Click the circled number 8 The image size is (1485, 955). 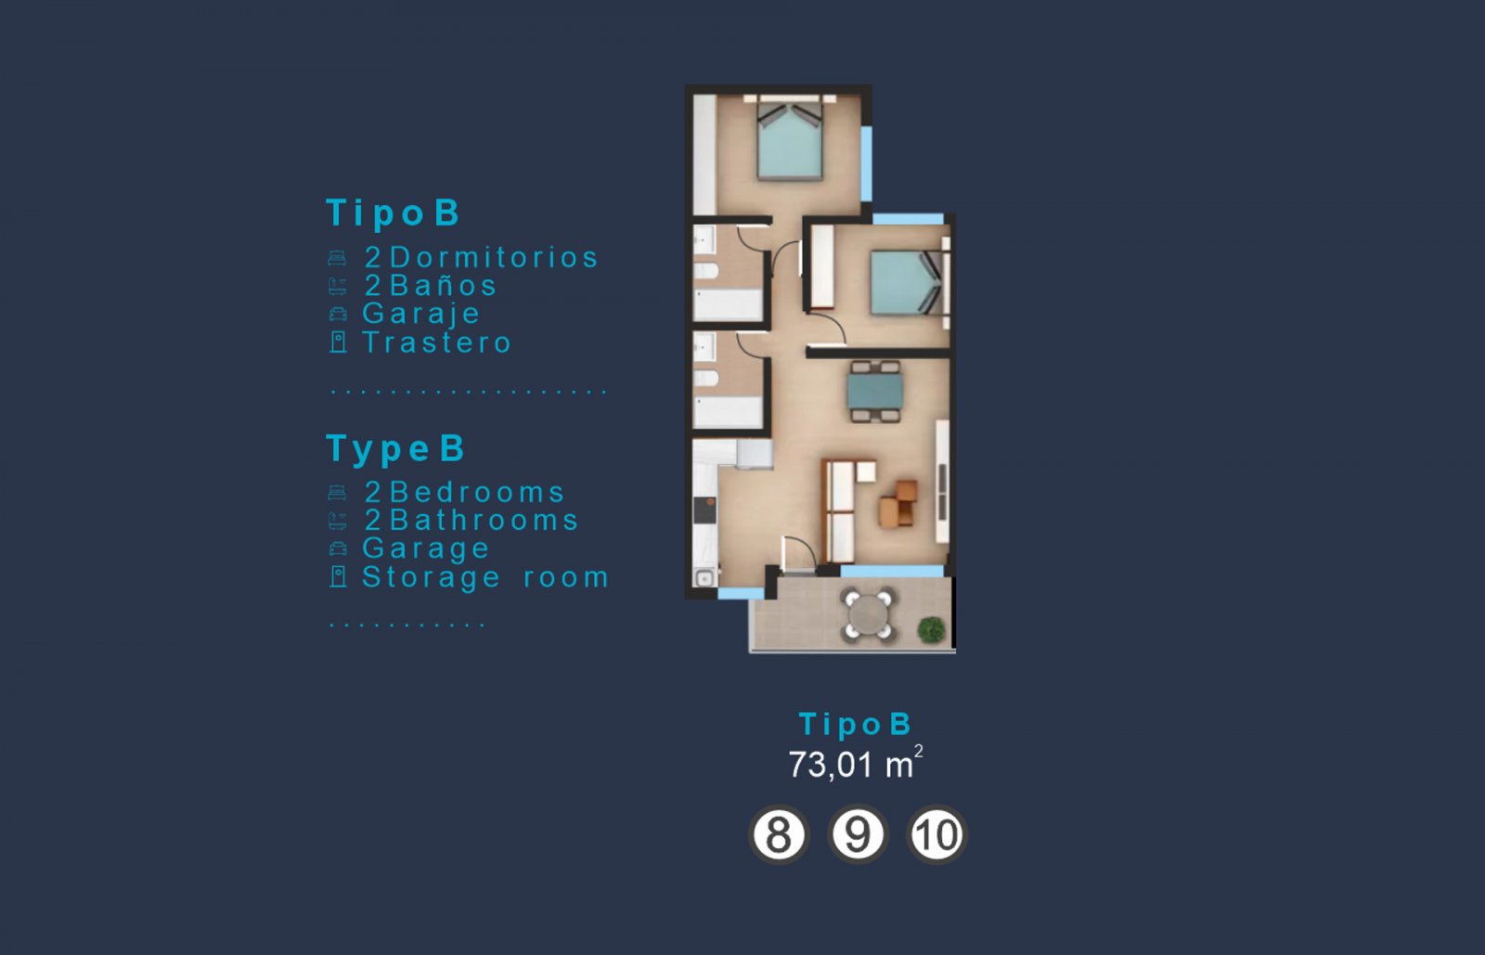[778, 834]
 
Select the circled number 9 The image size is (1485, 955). [857, 834]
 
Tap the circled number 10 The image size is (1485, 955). [936, 834]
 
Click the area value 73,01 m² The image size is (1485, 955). [855, 764]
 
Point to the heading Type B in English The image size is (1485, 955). [395, 448]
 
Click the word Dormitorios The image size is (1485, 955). [494, 257]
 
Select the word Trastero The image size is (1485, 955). [437, 342]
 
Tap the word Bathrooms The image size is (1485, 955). [484, 520]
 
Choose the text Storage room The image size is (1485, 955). [485, 577]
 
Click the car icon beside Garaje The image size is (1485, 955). [339, 315]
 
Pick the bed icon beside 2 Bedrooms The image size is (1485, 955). [338, 493]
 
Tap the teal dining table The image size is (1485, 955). [874, 391]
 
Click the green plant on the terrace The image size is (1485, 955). [931, 630]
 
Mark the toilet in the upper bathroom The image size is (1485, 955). [706, 271]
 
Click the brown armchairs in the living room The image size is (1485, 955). [898, 504]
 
